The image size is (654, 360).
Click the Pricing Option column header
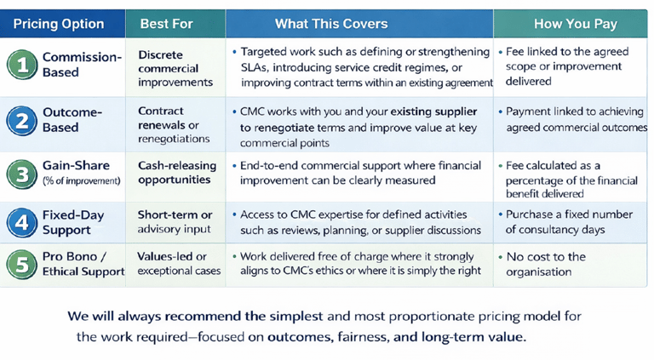(x=59, y=24)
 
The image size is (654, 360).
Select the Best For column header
(x=166, y=24)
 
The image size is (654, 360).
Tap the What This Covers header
(x=331, y=24)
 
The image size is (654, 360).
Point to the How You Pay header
(x=576, y=24)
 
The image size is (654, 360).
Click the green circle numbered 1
(x=22, y=65)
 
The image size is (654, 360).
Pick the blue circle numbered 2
(x=21, y=121)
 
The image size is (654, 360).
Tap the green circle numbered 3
(x=22, y=174)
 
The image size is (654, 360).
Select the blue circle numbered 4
(x=21, y=223)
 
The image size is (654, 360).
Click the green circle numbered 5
(x=21, y=265)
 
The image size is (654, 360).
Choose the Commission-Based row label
(x=82, y=65)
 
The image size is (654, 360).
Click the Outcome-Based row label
(x=72, y=120)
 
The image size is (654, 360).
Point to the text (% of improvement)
(x=82, y=180)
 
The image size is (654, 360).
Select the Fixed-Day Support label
(x=73, y=222)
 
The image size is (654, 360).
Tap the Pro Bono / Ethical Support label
(x=83, y=264)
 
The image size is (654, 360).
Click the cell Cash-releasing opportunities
(x=177, y=173)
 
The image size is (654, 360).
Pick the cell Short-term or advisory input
(x=175, y=221)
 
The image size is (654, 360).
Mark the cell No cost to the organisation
(x=546, y=264)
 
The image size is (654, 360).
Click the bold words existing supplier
(x=433, y=111)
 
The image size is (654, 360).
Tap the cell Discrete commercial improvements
(x=175, y=68)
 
